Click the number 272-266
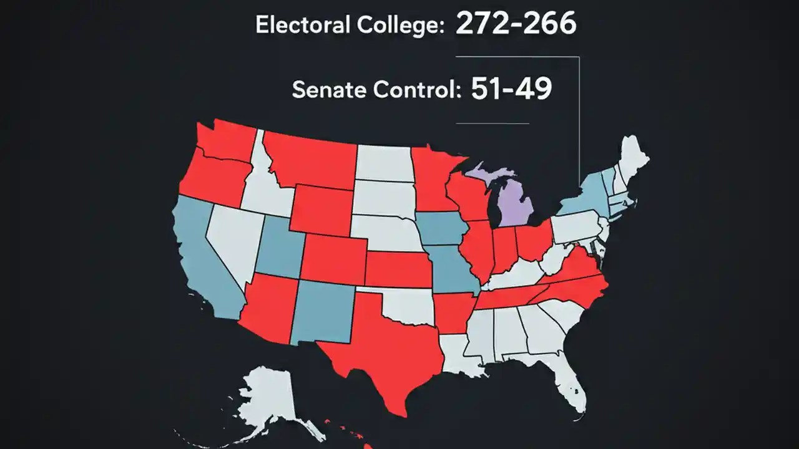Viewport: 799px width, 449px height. [x=516, y=23]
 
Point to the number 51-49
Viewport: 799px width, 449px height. [x=511, y=89]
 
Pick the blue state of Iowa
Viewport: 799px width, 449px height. [x=440, y=229]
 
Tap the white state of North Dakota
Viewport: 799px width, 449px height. [x=383, y=163]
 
